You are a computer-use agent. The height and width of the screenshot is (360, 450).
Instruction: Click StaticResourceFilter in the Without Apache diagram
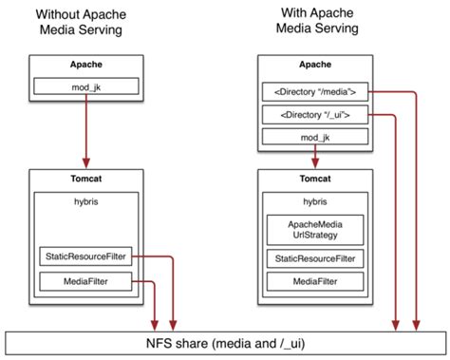click(x=87, y=256)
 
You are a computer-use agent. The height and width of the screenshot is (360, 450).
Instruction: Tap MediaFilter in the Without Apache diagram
click(x=87, y=281)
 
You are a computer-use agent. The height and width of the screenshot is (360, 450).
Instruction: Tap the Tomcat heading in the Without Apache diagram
click(x=87, y=179)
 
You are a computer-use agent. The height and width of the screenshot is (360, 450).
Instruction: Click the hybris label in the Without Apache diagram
click(x=87, y=201)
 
